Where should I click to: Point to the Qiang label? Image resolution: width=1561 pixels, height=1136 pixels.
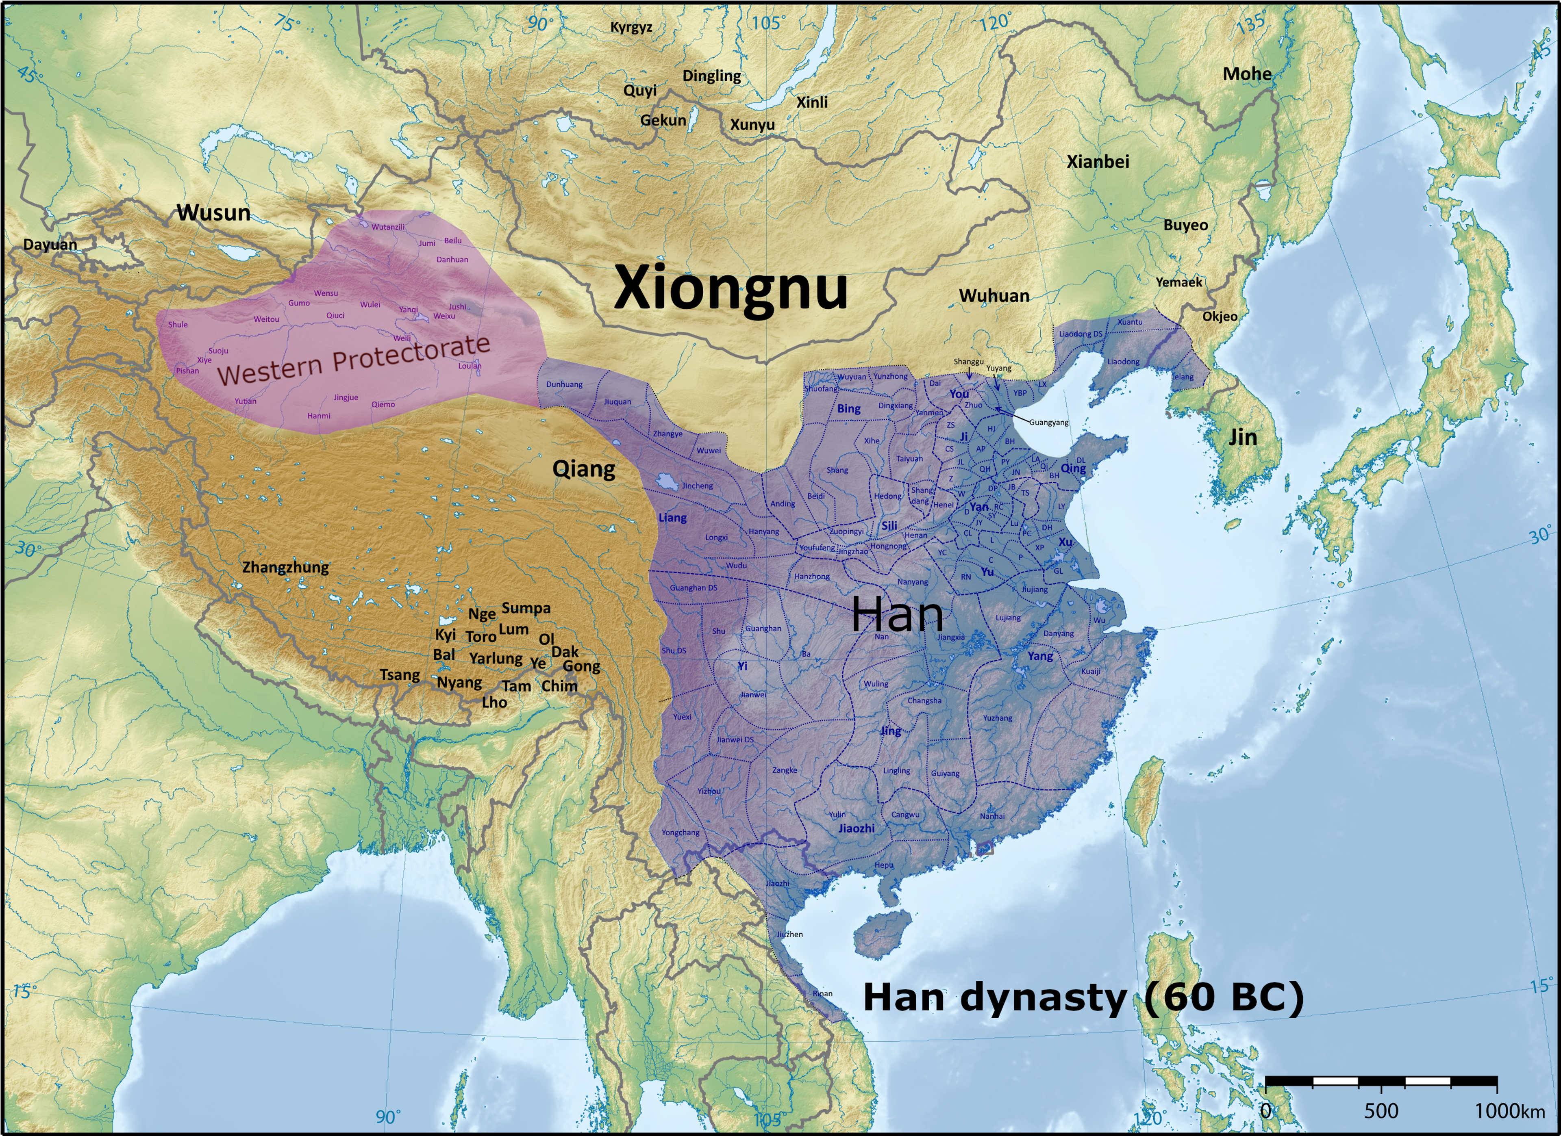pyautogui.click(x=584, y=469)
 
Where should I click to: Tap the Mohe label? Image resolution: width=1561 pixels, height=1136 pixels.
pyautogui.click(x=1246, y=74)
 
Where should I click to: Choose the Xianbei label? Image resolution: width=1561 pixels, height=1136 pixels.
pyautogui.click(x=1098, y=162)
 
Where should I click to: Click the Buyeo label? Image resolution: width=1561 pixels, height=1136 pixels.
pyautogui.click(x=1185, y=225)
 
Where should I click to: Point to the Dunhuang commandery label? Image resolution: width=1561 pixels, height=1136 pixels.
pyautogui.click(x=564, y=384)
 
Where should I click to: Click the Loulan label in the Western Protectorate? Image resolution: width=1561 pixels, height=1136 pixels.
pyautogui.click(x=470, y=365)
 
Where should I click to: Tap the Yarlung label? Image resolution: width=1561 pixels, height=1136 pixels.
pyautogui.click(x=496, y=659)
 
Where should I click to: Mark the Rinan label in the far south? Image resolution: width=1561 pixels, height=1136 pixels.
pyautogui.click(x=822, y=993)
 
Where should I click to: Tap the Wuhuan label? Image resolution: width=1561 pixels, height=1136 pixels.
pyautogui.click(x=994, y=296)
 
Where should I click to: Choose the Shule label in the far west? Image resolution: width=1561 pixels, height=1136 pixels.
pyautogui.click(x=178, y=324)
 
